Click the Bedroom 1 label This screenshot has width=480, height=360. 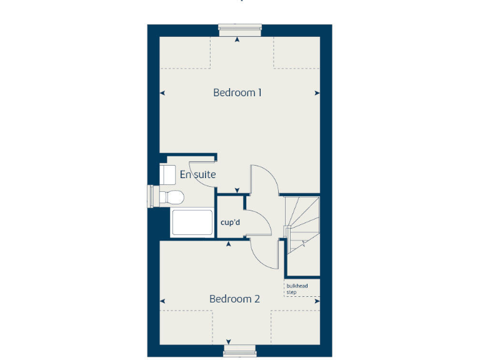(x=237, y=92)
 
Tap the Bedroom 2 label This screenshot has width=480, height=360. (x=234, y=299)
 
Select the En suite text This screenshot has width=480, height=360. (x=197, y=174)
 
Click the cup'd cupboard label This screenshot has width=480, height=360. (x=231, y=221)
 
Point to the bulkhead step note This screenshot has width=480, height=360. (x=296, y=289)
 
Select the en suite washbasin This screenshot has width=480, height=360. (x=167, y=174)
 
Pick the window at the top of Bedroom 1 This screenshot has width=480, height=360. (x=239, y=26)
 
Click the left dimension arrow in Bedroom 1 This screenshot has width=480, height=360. (x=162, y=93)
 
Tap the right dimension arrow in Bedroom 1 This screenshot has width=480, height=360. (x=317, y=93)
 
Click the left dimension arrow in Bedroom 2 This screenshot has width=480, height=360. (x=162, y=299)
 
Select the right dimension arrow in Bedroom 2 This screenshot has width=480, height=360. (x=317, y=299)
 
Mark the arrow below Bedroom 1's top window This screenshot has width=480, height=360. (x=237, y=39)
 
